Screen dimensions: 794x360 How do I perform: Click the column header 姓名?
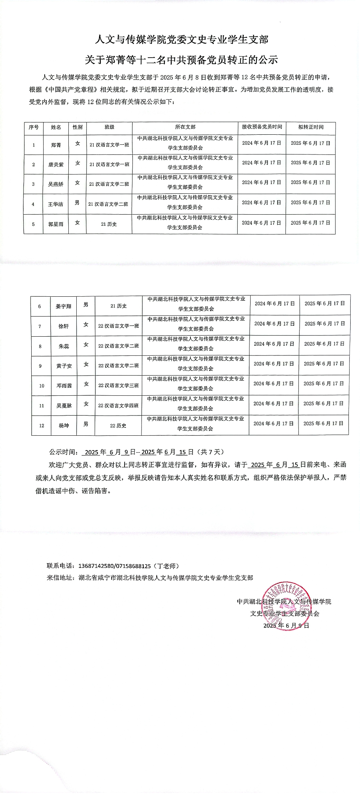56,127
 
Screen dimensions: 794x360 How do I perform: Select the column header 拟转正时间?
311,127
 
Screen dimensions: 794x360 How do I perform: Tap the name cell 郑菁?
56,145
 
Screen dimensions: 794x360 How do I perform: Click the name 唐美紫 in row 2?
56,165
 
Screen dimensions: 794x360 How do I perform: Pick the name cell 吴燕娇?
56,184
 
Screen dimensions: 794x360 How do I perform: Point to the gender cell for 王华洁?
77,203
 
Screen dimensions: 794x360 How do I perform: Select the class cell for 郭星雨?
109,224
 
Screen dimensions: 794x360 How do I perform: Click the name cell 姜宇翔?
63,306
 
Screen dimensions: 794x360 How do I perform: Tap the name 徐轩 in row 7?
63,326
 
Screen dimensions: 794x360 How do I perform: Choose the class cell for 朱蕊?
118,346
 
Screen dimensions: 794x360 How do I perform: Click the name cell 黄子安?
64,366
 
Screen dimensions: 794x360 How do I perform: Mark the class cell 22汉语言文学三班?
118,386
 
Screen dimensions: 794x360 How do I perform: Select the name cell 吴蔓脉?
64,406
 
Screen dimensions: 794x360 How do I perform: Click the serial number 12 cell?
41,426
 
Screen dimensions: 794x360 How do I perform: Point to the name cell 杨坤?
64,426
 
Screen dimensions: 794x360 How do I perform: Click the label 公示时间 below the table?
63,452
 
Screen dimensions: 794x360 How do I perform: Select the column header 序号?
33,127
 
